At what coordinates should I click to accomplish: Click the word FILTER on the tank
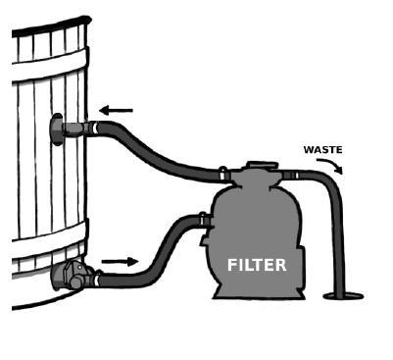click(x=257, y=265)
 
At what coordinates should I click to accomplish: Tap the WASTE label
click(x=323, y=150)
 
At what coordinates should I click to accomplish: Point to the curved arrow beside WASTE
click(x=330, y=164)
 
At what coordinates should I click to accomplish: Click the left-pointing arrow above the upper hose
click(x=116, y=111)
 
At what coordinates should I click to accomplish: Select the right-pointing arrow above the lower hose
click(x=120, y=261)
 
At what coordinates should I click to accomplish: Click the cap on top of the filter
click(x=263, y=165)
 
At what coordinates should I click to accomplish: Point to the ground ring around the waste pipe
click(x=343, y=296)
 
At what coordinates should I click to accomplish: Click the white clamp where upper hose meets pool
click(x=95, y=128)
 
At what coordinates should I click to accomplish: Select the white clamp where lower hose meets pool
click(x=96, y=281)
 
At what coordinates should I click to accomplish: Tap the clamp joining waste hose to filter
click(x=297, y=176)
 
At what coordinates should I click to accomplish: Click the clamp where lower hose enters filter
click(x=203, y=219)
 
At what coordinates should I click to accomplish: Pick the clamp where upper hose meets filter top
click(x=222, y=175)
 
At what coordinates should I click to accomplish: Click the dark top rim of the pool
click(x=52, y=26)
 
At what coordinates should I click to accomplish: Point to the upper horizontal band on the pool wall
click(x=51, y=67)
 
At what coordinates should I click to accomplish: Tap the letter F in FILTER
click(x=231, y=265)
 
